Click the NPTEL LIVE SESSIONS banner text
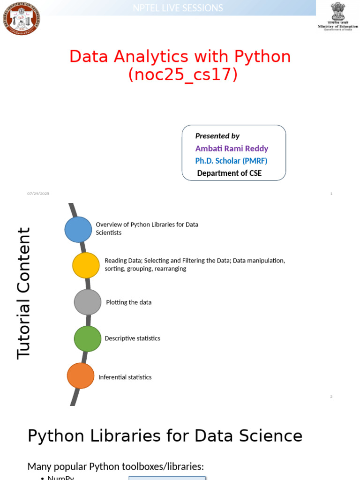[x=178, y=8]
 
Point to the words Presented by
[x=217, y=136]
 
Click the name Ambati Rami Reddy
[x=232, y=149]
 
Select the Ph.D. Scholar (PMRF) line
[x=231, y=161]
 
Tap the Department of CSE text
[x=229, y=173]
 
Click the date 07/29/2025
[x=38, y=194]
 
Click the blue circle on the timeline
[x=78, y=229]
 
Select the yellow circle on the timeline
[x=86, y=265]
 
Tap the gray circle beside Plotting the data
[x=88, y=302]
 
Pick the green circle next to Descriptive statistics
[x=88, y=338]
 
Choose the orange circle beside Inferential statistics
[x=81, y=376]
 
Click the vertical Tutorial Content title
[x=23, y=293]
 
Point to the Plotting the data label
[x=128, y=302]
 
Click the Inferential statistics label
[x=125, y=377]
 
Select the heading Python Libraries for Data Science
[x=165, y=436]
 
